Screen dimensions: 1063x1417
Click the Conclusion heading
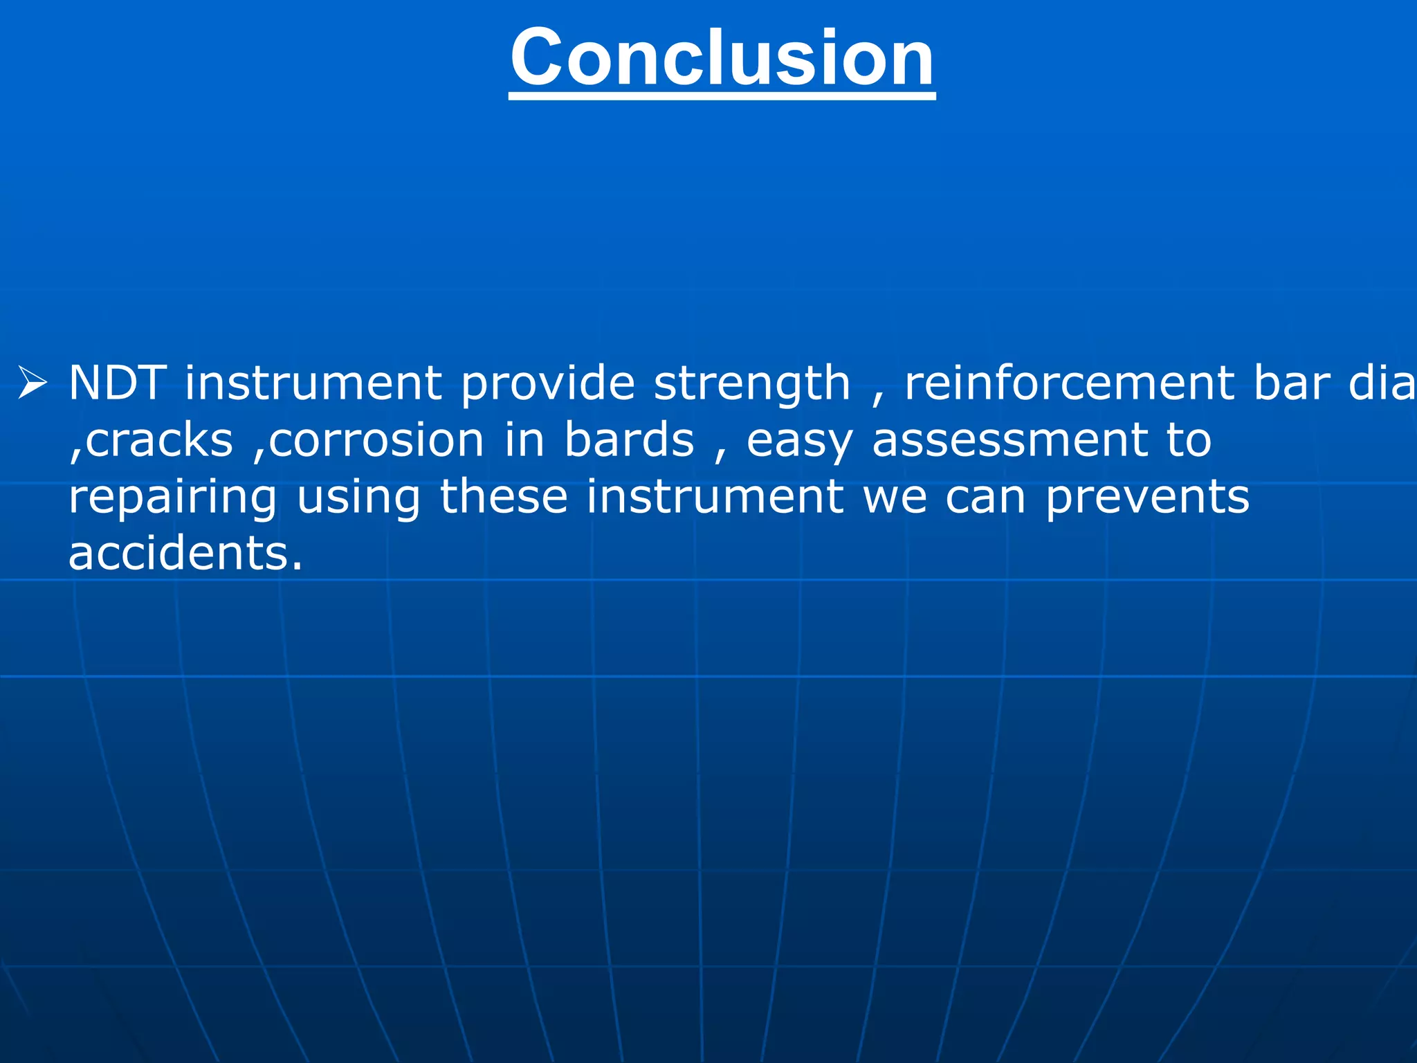point(722,58)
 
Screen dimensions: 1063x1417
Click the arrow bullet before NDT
point(33,383)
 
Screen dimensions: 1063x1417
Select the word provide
point(547,383)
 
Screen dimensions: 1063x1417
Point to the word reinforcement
point(1070,383)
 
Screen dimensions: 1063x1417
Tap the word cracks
point(160,441)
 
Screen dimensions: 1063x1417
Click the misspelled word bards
point(629,440)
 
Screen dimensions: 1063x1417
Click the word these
point(504,497)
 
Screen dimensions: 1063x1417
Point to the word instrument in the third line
point(715,497)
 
